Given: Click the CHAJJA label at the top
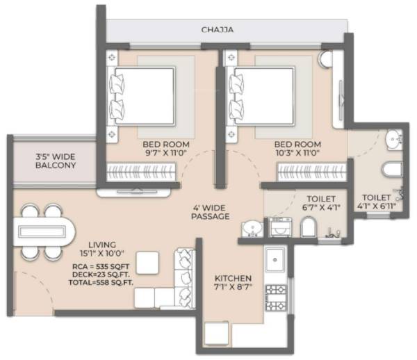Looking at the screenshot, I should click(x=217, y=30).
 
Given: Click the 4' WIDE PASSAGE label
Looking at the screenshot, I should click(x=210, y=211).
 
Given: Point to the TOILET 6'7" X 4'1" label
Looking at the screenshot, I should click(x=320, y=202).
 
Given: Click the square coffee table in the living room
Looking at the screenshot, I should click(x=147, y=263).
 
